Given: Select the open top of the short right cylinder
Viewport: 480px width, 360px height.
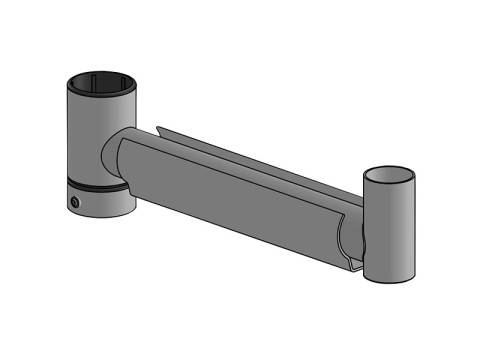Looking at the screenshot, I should (388, 172).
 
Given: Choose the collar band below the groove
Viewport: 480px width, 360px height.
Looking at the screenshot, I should (100, 202).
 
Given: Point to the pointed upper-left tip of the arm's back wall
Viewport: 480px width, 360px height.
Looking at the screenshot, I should (158, 127).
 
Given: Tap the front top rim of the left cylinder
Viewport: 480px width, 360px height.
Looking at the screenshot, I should (100, 94).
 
